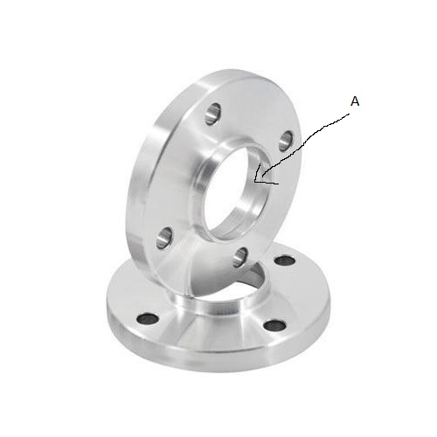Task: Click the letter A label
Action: (x=355, y=101)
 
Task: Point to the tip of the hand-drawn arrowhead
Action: (x=255, y=182)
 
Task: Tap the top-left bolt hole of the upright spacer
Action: (x=212, y=114)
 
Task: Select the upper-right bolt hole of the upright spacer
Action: (x=286, y=141)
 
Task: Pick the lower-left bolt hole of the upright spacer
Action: (x=164, y=239)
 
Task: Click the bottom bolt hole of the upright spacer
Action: (x=240, y=258)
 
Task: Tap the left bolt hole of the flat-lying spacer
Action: (x=148, y=319)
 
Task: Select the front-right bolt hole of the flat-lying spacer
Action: (x=276, y=326)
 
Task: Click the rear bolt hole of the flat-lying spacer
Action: (x=285, y=260)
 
